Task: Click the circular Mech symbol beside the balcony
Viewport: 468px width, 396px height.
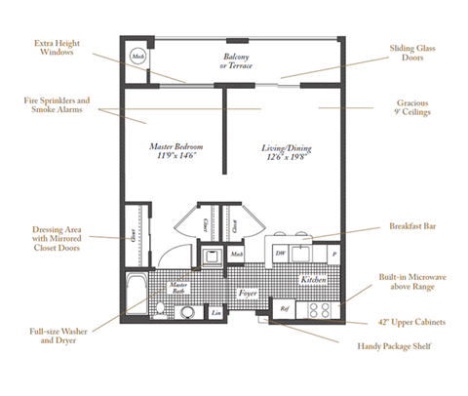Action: click(x=136, y=59)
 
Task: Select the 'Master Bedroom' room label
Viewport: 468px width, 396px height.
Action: click(x=172, y=151)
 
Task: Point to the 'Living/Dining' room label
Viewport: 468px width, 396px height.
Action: click(x=284, y=151)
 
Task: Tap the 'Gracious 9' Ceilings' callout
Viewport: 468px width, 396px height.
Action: click(x=413, y=106)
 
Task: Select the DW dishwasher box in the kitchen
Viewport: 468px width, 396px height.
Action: click(x=279, y=253)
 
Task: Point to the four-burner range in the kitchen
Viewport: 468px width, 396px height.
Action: click(x=318, y=309)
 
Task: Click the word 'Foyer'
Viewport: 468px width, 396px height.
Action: click(x=247, y=292)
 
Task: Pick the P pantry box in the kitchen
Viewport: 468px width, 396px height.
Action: click(x=333, y=252)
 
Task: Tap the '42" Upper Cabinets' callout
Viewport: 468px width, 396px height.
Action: click(x=413, y=322)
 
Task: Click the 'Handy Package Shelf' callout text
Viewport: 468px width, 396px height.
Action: click(x=394, y=346)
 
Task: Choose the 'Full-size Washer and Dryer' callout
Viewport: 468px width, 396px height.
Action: click(x=55, y=337)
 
